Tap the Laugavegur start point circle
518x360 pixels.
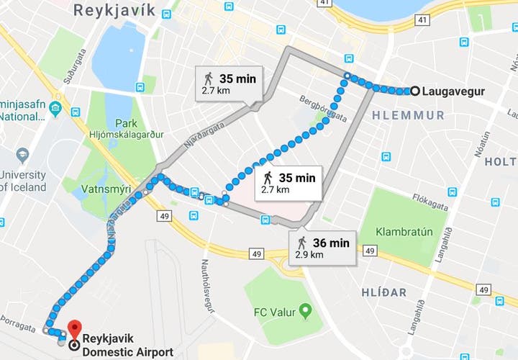(x=414, y=91)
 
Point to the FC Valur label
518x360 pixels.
(x=275, y=312)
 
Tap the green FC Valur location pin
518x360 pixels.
(x=305, y=312)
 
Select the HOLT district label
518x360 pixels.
(x=500, y=162)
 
